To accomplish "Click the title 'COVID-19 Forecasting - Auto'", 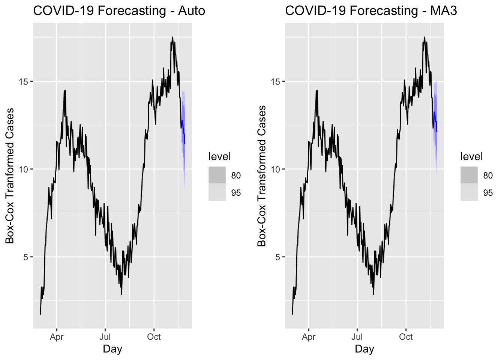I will tap(119, 10).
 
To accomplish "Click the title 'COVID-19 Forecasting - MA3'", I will tap(371, 10).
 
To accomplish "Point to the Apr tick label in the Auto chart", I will tap(57, 337).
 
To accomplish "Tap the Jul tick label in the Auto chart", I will tap(105, 337).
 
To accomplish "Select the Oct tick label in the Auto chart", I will tap(154, 337).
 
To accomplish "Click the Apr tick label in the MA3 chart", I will tap(309, 337).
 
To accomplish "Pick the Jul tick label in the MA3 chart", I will tap(357, 337).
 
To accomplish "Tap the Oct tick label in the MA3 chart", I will tap(406, 337).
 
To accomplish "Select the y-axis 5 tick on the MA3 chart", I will tap(278, 257).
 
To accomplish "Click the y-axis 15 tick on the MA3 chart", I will tap(276, 82).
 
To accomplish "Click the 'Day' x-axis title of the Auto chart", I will tap(112, 349).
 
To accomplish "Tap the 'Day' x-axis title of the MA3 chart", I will tap(364, 349).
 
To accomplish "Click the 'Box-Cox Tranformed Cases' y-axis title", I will tap(10, 175).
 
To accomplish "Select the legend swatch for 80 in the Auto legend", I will tap(217, 175).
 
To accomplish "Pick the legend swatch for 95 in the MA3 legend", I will tap(469, 192).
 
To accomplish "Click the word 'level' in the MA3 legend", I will tap(471, 157).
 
